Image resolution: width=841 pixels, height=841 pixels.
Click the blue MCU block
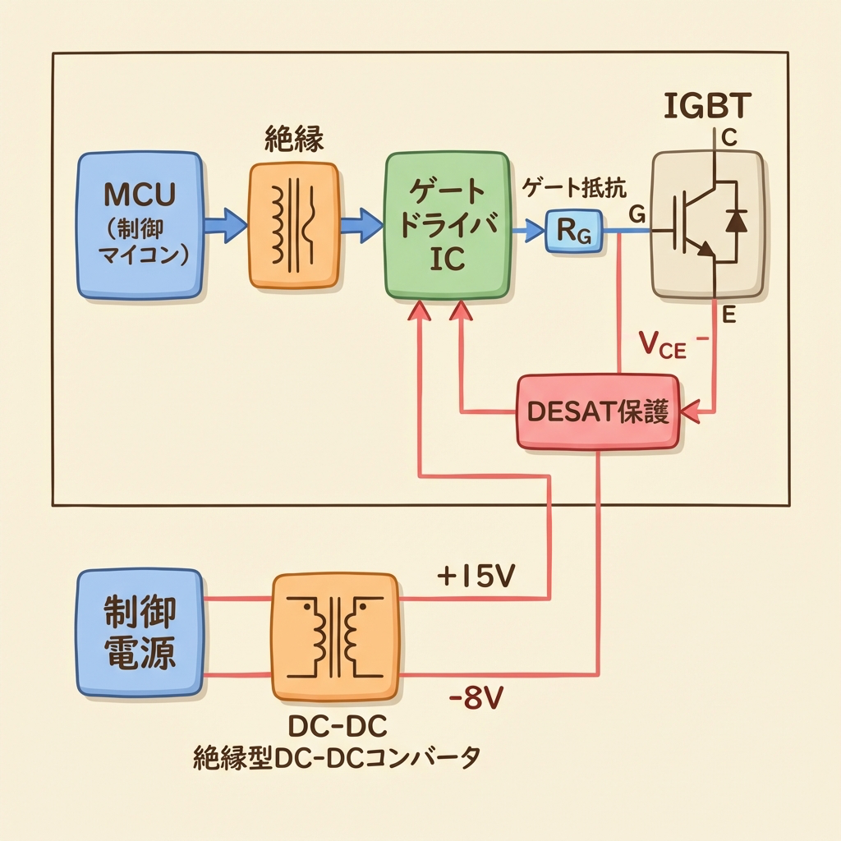point(140,223)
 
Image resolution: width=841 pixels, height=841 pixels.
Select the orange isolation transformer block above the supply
point(294,225)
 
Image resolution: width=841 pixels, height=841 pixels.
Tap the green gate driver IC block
point(447,224)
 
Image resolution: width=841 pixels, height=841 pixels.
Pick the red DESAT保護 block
point(598,411)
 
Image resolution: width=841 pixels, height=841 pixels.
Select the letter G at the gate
point(636,215)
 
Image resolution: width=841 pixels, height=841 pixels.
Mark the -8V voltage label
point(477,701)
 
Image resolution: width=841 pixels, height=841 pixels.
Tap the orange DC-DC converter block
point(334,636)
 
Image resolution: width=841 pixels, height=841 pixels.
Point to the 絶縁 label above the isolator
point(293,139)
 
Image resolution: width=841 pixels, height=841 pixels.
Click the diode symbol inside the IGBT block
point(736,220)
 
